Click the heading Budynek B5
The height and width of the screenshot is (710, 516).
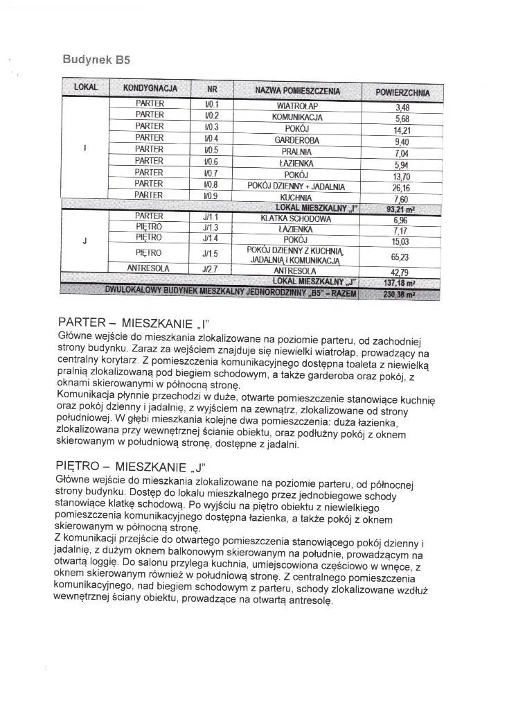click(96, 60)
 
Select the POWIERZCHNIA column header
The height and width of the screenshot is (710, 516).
click(402, 92)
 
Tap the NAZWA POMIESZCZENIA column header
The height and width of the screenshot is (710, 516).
click(297, 91)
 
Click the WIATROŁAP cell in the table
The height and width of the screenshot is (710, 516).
click(297, 105)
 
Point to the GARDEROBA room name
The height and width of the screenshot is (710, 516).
click(297, 140)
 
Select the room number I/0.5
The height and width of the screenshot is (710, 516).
click(211, 150)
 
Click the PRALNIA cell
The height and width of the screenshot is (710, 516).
click(297, 152)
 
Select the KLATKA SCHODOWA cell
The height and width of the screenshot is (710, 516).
click(296, 219)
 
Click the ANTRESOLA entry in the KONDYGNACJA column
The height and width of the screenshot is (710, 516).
click(149, 268)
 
